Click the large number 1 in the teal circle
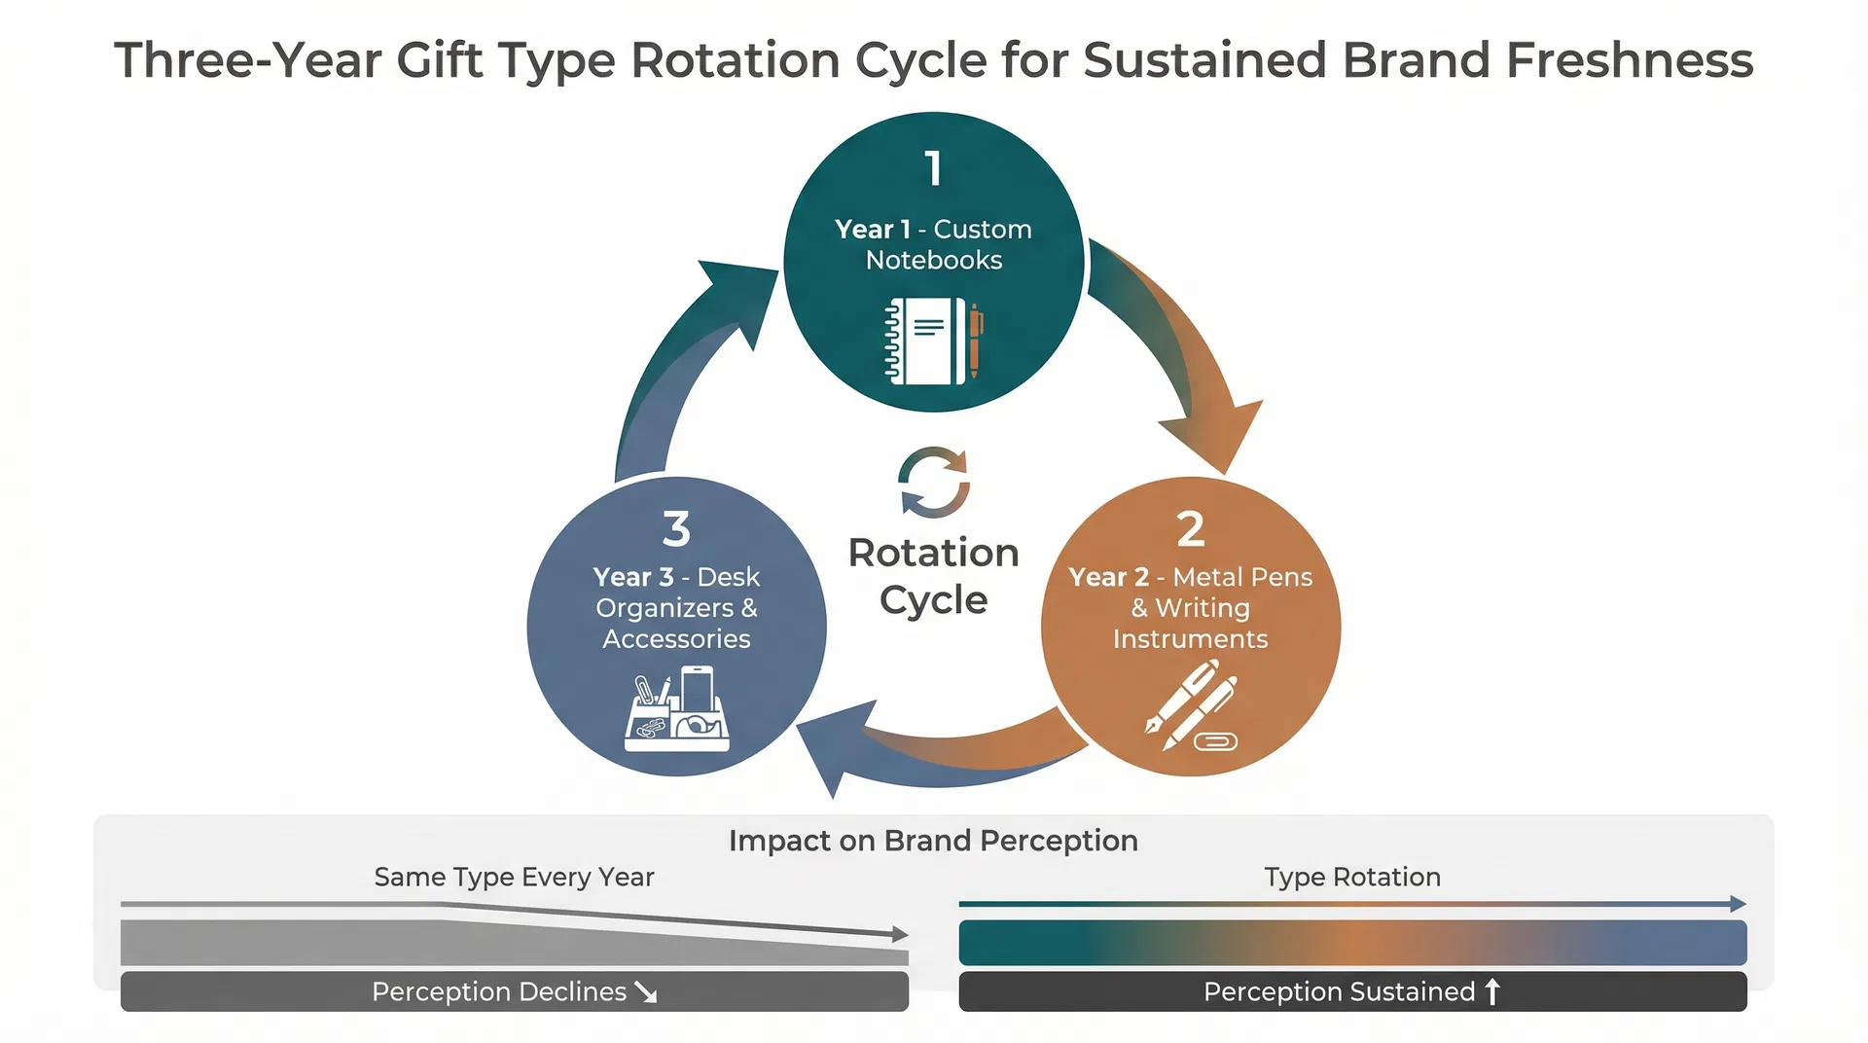(x=933, y=168)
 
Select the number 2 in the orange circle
(x=1190, y=529)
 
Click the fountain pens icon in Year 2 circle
(x=1191, y=705)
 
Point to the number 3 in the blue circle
(x=676, y=529)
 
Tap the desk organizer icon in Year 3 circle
(x=676, y=709)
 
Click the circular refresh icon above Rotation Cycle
(x=933, y=483)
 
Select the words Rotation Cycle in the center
(x=933, y=576)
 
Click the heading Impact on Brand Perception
(x=933, y=841)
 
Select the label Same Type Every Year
(x=514, y=878)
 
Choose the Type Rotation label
(x=1351, y=878)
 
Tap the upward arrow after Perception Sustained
(x=1492, y=991)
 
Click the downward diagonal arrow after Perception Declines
(x=646, y=992)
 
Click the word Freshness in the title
(x=1630, y=60)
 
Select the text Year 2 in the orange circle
(x=1108, y=577)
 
